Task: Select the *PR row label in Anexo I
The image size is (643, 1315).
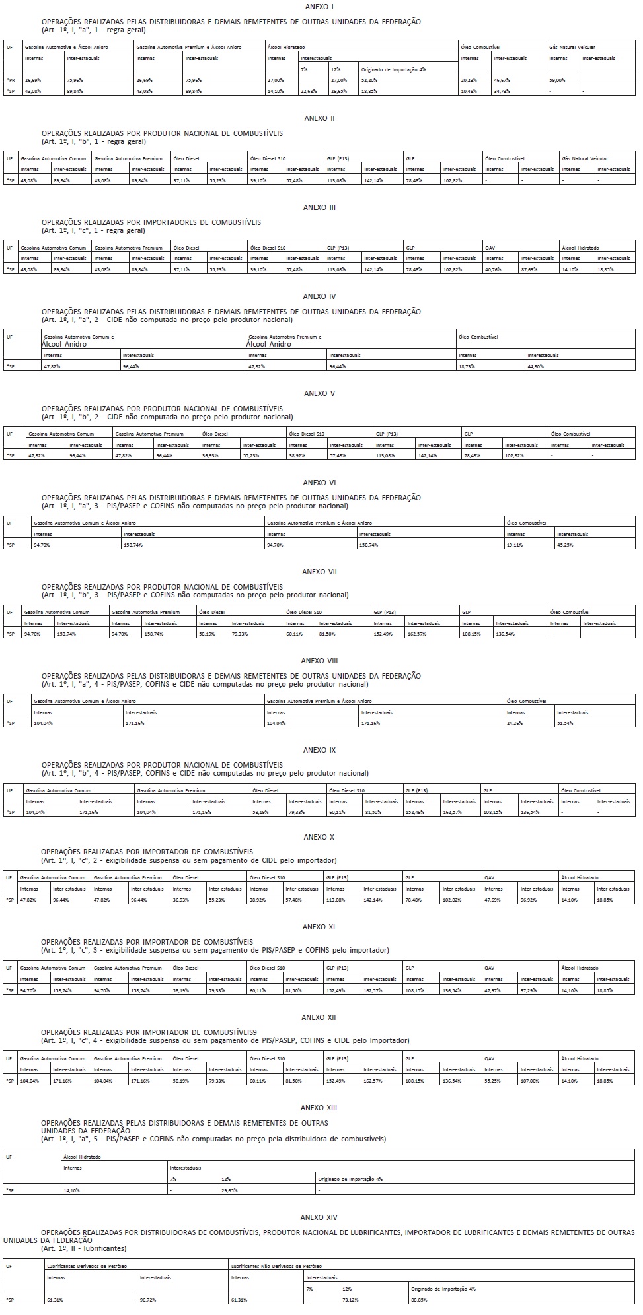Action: click(10, 79)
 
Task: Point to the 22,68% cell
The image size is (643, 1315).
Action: click(309, 91)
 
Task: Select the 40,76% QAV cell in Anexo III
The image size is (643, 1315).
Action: click(494, 269)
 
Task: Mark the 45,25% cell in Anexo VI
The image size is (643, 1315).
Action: click(566, 545)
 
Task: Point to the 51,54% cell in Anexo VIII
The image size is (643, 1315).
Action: click(566, 723)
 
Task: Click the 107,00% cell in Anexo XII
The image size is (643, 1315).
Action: click(531, 1081)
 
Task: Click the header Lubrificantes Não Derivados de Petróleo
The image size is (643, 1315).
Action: click(276, 1266)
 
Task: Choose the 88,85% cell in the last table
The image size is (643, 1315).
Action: click(420, 1299)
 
